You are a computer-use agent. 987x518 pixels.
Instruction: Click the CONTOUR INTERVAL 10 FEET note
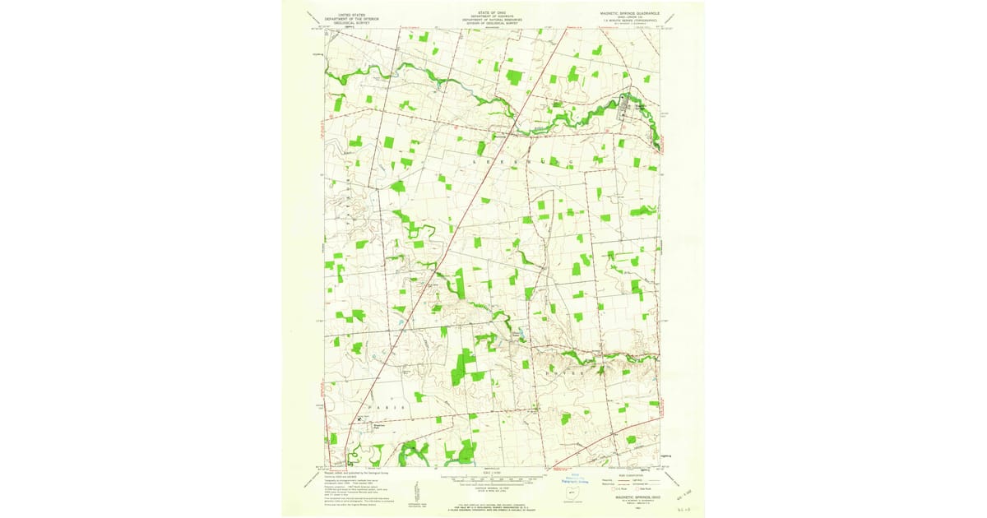coord(492,485)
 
